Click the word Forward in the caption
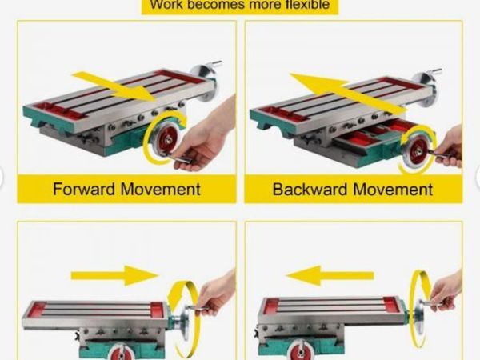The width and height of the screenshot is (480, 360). point(83,189)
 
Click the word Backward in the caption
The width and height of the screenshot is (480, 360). point(310,189)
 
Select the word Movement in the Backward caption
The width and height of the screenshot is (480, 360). point(393,189)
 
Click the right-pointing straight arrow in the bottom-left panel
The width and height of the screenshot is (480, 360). point(115,275)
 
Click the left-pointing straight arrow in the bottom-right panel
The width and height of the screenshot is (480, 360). point(330,275)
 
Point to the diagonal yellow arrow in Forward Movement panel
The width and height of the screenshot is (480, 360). point(114,87)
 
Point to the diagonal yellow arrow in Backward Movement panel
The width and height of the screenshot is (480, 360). point(348,93)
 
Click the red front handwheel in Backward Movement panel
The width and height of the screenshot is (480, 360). point(418,150)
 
